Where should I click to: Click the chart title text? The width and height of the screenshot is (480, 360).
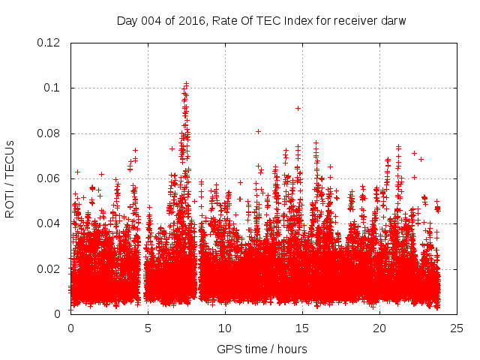coord(261,20)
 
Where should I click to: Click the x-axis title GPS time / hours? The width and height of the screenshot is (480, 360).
coord(261,349)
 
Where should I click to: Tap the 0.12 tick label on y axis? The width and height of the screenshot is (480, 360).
coord(50,43)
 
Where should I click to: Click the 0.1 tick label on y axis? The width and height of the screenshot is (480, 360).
coord(53,88)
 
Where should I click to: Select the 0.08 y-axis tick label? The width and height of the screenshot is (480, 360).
coord(50,133)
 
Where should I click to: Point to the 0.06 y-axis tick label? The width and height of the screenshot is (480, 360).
coord(50,178)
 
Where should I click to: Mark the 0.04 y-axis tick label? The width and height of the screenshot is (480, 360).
coord(50,223)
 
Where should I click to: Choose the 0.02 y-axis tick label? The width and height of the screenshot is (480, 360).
coord(50,268)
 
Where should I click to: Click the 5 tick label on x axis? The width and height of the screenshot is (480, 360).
coord(148,328)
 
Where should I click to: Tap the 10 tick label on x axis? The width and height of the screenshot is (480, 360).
coord(225,328)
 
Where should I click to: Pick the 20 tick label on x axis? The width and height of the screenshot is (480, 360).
coord(379,328)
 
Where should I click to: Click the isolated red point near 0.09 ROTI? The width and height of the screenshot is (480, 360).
coord(298,108)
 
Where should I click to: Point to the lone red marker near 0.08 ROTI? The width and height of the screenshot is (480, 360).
coord(259,131)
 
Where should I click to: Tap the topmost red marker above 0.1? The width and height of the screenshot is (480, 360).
coord(186,84)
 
